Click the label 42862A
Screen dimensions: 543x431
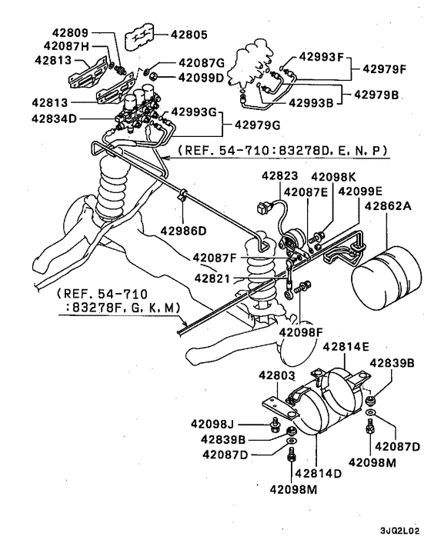(389, 206)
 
